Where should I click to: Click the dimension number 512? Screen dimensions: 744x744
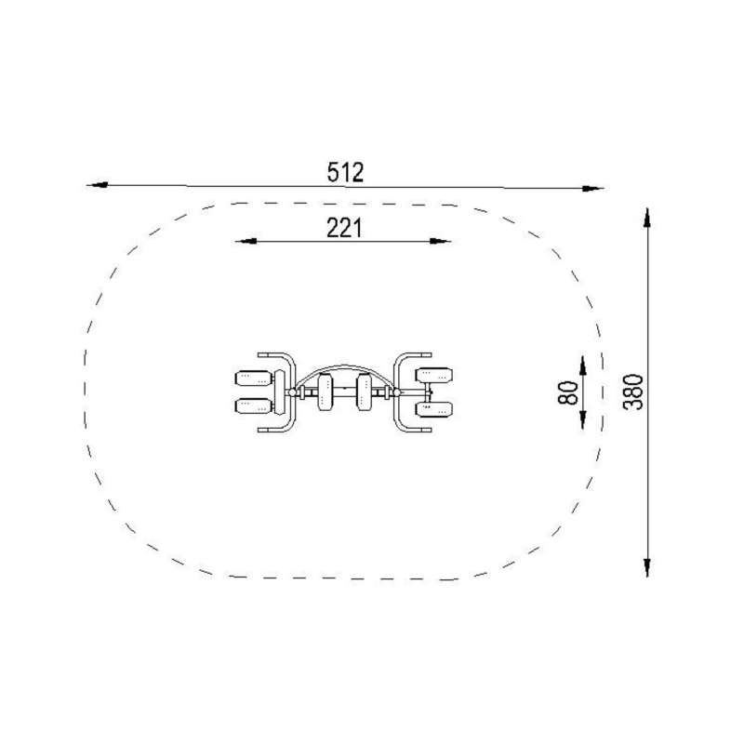[x=345, y=172]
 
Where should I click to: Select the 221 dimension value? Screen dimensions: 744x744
[x=344, y=228]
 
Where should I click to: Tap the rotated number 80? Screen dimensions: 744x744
[x=568, y=392]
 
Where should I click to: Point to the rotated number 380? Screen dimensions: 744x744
[x=633, y=392]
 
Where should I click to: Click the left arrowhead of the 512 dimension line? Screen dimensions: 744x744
[x=98, y=184]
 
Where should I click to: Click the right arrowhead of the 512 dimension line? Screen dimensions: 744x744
[x=592, y=189]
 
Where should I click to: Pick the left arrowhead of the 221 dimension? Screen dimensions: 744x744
[x=246, y=241]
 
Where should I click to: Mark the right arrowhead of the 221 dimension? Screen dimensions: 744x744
[x=440, y=241]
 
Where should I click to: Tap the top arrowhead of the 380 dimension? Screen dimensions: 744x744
[x=646, y=219]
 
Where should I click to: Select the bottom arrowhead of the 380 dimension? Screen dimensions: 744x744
[x=646, y=567]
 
